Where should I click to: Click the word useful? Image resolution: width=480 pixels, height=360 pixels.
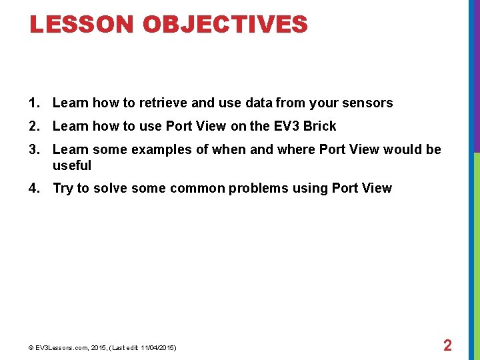pos(71,165)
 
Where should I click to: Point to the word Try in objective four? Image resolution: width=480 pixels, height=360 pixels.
pos(63,188)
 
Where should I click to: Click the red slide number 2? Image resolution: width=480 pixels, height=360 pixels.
pos(447,345)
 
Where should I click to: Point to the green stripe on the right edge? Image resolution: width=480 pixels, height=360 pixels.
pos(476,253)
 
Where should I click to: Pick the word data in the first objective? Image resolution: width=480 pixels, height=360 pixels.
pos(259,103)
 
